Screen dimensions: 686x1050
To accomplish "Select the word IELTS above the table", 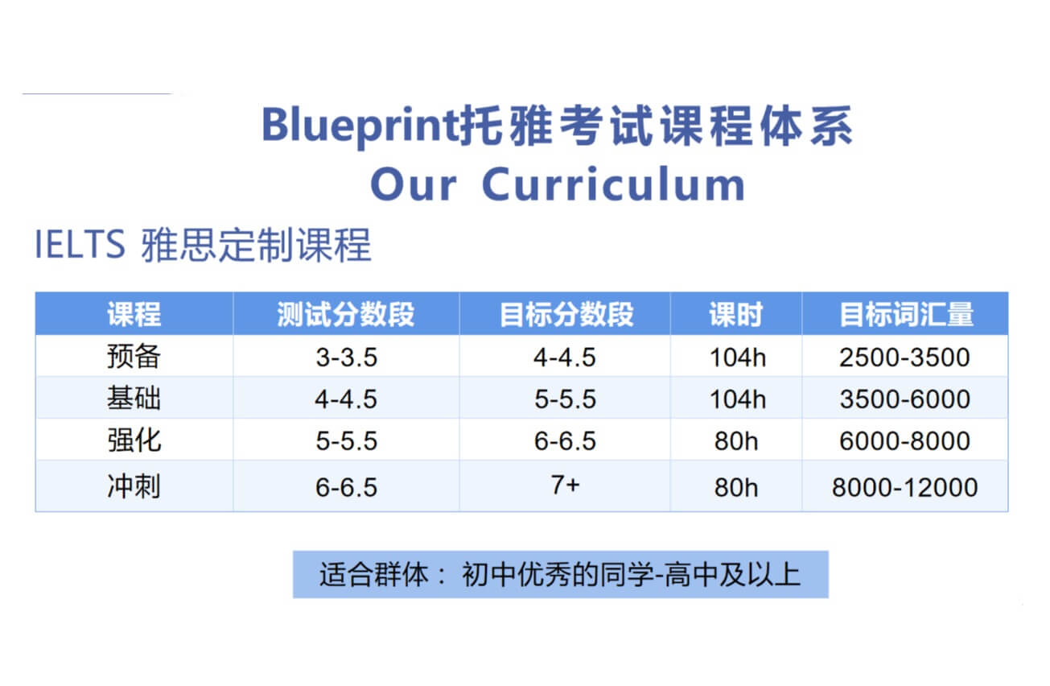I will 80,245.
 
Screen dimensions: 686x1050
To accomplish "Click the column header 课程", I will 134,314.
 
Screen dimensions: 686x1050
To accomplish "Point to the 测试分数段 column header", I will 346,314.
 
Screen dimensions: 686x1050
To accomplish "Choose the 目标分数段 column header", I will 566,314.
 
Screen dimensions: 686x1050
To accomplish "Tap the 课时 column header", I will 735,314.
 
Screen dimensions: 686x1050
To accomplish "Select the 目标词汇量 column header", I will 906,314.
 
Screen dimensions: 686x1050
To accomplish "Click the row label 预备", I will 134,357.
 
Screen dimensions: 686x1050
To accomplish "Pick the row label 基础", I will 134,399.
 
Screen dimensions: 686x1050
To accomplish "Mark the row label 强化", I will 134,440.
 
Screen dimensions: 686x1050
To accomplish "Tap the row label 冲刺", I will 134,486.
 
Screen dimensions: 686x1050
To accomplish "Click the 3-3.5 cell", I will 346,357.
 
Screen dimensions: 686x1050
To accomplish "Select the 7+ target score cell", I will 566,486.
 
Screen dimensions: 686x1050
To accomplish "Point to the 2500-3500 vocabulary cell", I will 904,357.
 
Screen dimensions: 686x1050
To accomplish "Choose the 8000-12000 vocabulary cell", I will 904,487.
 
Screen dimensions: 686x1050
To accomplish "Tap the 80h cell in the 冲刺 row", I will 735,487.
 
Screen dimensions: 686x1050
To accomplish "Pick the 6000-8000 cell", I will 904,441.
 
